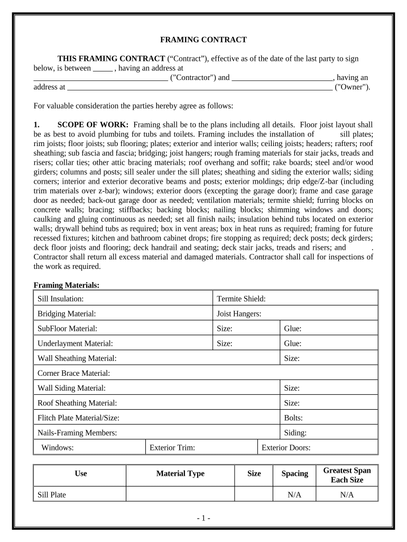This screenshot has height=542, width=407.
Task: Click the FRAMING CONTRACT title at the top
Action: [x=203, y=40]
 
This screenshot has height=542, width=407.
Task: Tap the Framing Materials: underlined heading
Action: [x=67, y=285]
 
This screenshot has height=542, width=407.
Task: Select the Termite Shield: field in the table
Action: [x=242, y=299]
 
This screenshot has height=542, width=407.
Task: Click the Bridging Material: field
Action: [x=67, y=314]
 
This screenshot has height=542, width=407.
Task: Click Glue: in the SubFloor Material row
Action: [x=293, y=329]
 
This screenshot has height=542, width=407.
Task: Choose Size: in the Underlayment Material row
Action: [x=225, y=344]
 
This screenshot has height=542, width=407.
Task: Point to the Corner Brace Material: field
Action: [x=73, y=373]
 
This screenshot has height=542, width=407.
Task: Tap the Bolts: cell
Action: [x=293, y=418]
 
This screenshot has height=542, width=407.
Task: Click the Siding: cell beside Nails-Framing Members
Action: [x=295, y=432]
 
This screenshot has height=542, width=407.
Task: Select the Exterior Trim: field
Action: [x=172, y=447]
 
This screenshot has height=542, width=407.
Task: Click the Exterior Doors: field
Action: [x=286, y=447]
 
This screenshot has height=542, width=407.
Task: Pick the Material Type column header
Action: [x=180, y=474]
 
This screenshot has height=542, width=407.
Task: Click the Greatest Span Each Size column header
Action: [x=347, y=475]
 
